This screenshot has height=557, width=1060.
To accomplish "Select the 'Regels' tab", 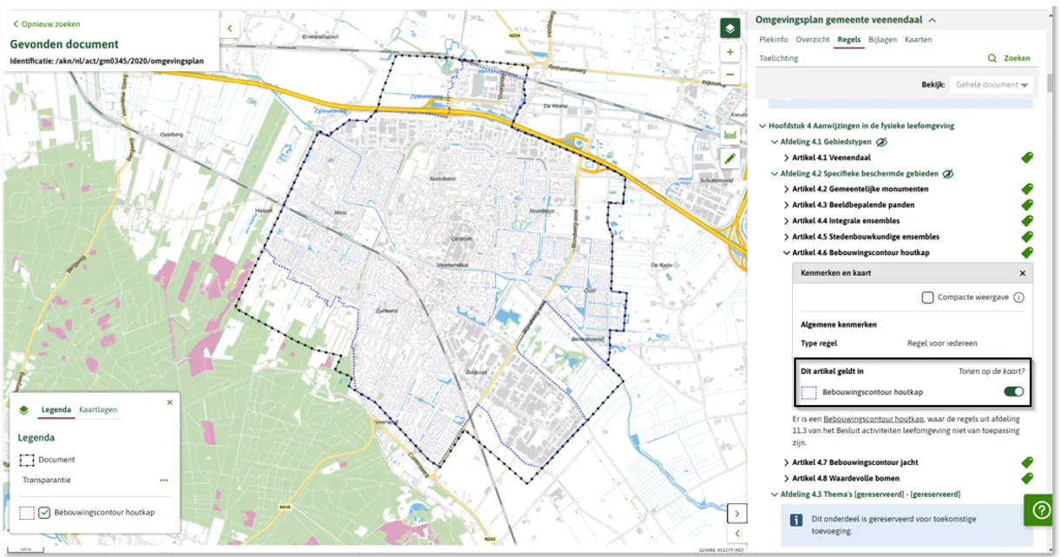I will (x=849, y=40).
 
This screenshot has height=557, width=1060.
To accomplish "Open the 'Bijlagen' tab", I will (x=882, y=40).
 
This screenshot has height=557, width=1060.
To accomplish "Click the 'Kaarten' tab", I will (x=918, y=40).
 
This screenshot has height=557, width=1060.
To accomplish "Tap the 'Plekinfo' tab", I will (x=773, y=40).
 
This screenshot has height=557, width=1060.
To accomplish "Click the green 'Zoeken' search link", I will (x=1010, y=58).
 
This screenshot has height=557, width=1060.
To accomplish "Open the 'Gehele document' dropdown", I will (x=990, y=85).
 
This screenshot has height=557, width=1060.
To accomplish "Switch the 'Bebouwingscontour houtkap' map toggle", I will (x=1012, y=392).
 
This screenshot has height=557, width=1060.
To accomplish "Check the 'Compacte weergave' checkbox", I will (x=928, y=298).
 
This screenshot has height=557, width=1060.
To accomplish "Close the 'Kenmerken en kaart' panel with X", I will (x=1022, y=273).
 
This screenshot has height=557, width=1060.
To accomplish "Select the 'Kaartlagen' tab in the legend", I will (x=97, y=410).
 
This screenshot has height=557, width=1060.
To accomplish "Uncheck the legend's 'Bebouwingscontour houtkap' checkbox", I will (x=44, y=513).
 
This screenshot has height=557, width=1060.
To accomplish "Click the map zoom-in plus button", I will (x=730, y=52).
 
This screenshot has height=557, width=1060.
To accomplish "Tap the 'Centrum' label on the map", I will (x=458, y=237).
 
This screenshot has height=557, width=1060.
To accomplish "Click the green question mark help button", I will (x=1038, y=510).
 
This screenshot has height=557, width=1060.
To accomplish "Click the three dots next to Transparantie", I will (x=163, y=480).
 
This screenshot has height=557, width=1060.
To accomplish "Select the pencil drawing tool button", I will (x=730, y=158).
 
